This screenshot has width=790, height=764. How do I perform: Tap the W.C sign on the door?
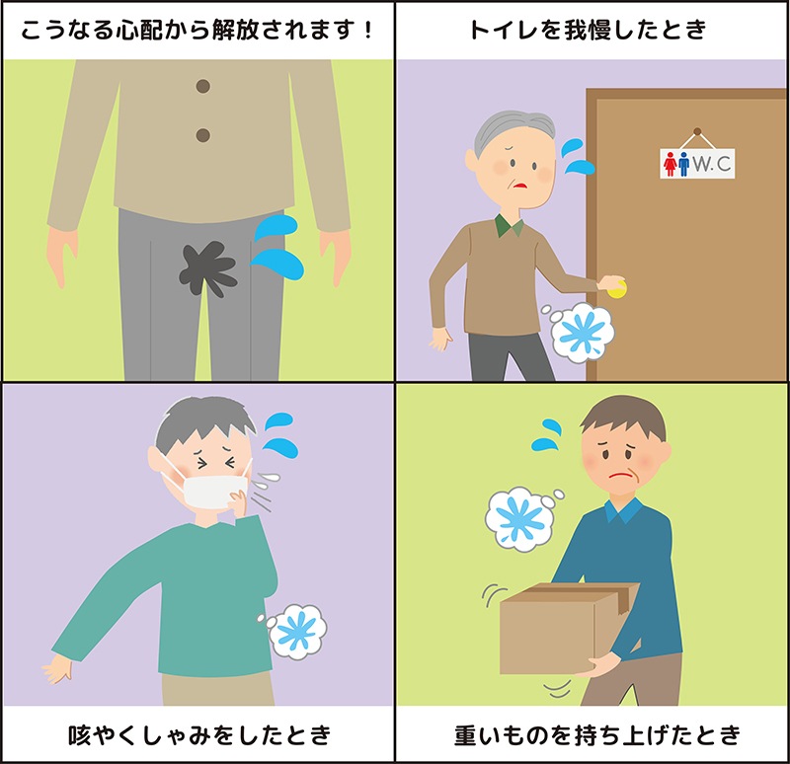[x=697, y=163]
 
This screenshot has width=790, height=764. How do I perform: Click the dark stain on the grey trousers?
[x=207, y=267]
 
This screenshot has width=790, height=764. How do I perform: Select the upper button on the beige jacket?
[x=203, y=86]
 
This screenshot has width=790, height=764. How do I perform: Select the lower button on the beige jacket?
[x=203, y=135]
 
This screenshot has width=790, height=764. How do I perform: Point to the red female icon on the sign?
[x=670, y=164]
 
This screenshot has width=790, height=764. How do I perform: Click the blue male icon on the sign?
[x=683, y=164]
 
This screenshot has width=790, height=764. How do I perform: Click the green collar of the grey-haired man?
[x=510, y=226]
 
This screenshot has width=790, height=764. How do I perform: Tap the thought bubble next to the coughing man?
[x=294, y=631]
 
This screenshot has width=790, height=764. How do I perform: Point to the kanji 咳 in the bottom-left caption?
[x=80, y=735]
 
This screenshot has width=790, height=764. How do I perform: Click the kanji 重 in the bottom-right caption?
[x=466, y=735]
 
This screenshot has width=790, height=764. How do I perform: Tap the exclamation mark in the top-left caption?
[x=368, y=31]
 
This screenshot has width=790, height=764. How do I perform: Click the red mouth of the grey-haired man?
[x=519, y=186]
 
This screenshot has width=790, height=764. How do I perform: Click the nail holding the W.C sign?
[x=697, y=131]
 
